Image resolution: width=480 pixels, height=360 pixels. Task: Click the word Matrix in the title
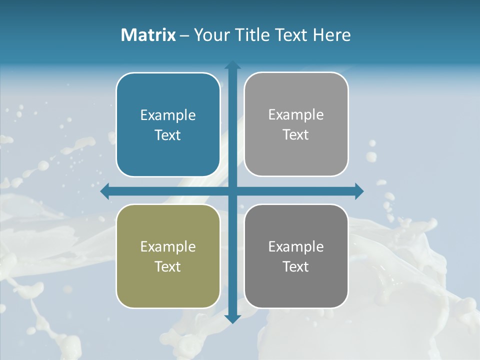click(x=148, y=35)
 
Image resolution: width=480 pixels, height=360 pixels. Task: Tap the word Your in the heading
click(x=210, y=35)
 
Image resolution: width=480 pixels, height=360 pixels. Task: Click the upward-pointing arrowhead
click(x=232, y=65)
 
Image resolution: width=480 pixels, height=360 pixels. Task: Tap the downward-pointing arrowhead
click(x=232, y=318)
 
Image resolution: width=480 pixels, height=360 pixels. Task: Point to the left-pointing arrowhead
click(x=105, y=191)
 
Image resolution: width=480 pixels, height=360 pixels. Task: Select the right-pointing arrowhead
click(x=359, y=191)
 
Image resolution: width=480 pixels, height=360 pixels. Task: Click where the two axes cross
click(x=232, y=191)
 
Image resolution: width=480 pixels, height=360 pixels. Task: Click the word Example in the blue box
click(x=168, y=115)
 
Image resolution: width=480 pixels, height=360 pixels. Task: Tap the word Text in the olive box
click(x=168, y=266)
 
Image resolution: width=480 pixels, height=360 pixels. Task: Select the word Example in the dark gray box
click(x=296, y=246)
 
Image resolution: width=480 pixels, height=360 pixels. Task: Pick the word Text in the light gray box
click(x=296, y=135)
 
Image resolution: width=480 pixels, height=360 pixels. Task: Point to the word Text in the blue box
click(x=168, y=135)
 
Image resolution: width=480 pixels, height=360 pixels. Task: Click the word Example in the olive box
click(x=168, y=246)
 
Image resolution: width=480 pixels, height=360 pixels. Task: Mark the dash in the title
click(x=184, y=35)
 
